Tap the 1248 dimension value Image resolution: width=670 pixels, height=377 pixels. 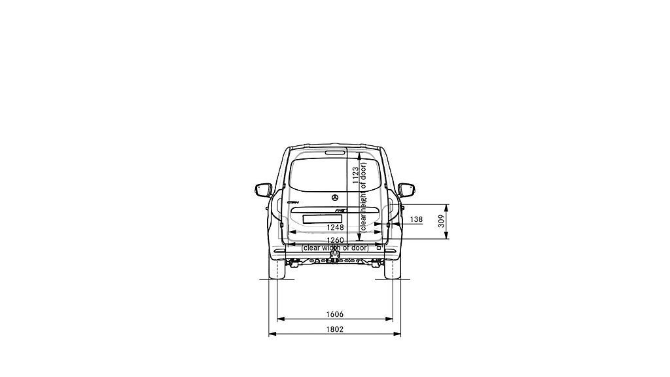coord(334,227)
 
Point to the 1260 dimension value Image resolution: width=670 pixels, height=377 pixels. coord(334,240)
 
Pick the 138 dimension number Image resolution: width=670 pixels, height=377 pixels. coord(416,219)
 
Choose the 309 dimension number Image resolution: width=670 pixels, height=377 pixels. coord(442,221)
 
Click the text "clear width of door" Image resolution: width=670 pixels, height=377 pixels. coord(334,248)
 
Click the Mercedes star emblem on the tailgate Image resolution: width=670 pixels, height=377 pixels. coord(334,198)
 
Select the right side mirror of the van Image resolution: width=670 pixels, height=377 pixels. coord(406,190)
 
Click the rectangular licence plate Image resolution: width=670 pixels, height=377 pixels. coord(321,219)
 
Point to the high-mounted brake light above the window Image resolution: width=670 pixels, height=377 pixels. coord(334,152)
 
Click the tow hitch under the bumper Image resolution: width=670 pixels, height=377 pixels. coord(334,260)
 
